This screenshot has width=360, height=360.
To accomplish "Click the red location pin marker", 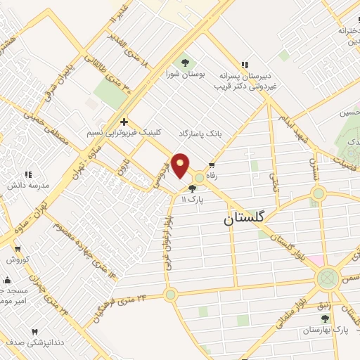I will point(181,165).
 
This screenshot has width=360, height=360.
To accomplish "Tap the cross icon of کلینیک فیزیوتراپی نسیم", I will point(124,121).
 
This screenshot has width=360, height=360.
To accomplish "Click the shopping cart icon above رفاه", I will point(212,165).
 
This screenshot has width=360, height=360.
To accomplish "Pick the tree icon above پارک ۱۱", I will point(192,188).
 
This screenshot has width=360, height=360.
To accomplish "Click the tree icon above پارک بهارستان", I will point(324,318).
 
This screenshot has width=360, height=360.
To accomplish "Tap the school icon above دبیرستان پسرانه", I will point(245,65).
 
